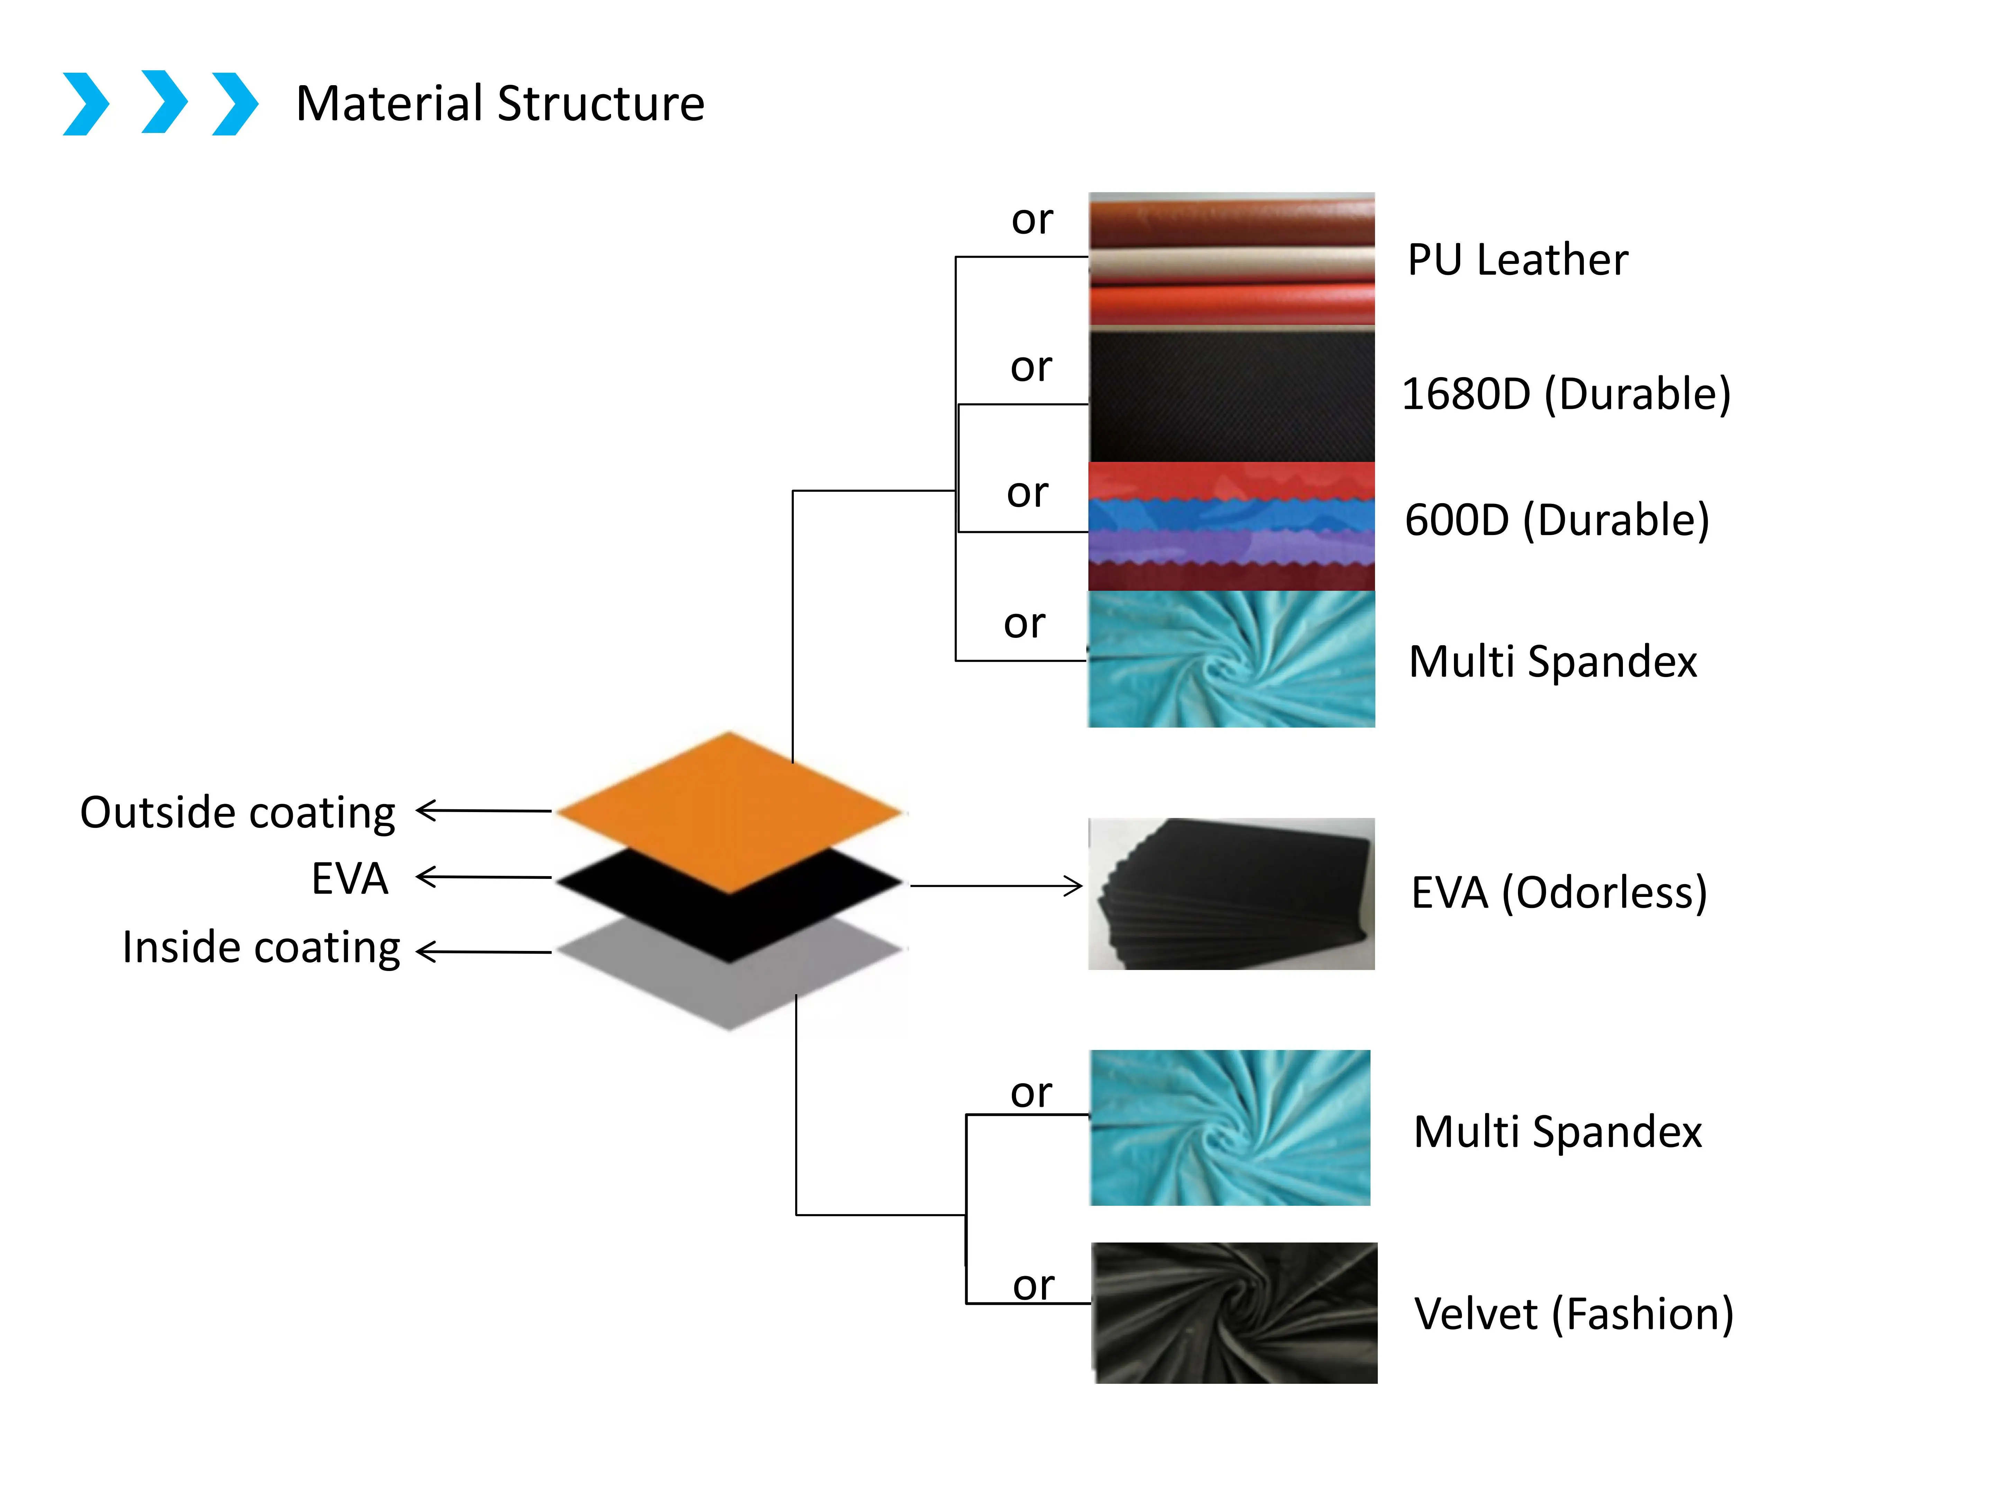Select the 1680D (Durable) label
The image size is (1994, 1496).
coord(1566,394)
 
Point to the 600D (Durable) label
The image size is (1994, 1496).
coord(1557,520)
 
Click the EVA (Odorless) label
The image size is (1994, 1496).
coord(1559,893)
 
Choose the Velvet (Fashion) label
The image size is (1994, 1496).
coord(1573,1314)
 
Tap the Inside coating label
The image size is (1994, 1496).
coord(261,948)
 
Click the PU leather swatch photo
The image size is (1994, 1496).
coord(1231,259)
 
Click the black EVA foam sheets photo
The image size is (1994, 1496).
coord(1231,894)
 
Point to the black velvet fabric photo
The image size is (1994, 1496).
coord(1234,1313)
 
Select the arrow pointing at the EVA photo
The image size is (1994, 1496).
coord(996,885)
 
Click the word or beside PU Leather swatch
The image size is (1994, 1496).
coord(1032,220)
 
